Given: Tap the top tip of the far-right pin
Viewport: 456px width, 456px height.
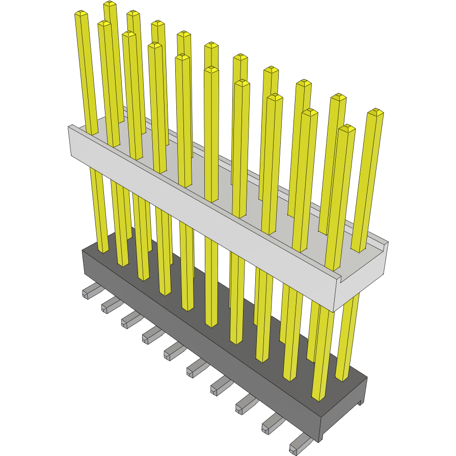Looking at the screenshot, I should point(375,112).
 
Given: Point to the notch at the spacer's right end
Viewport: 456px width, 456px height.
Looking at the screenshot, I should point(340,278).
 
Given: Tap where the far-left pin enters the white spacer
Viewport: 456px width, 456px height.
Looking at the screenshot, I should point(92,133).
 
